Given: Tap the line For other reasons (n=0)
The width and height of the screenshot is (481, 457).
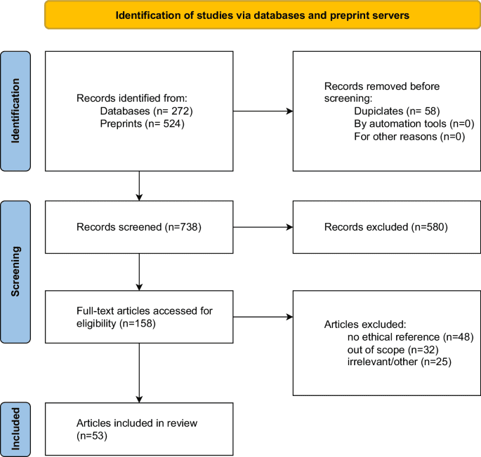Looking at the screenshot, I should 403,135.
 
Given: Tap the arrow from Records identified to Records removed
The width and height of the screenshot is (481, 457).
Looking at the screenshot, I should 263,111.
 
